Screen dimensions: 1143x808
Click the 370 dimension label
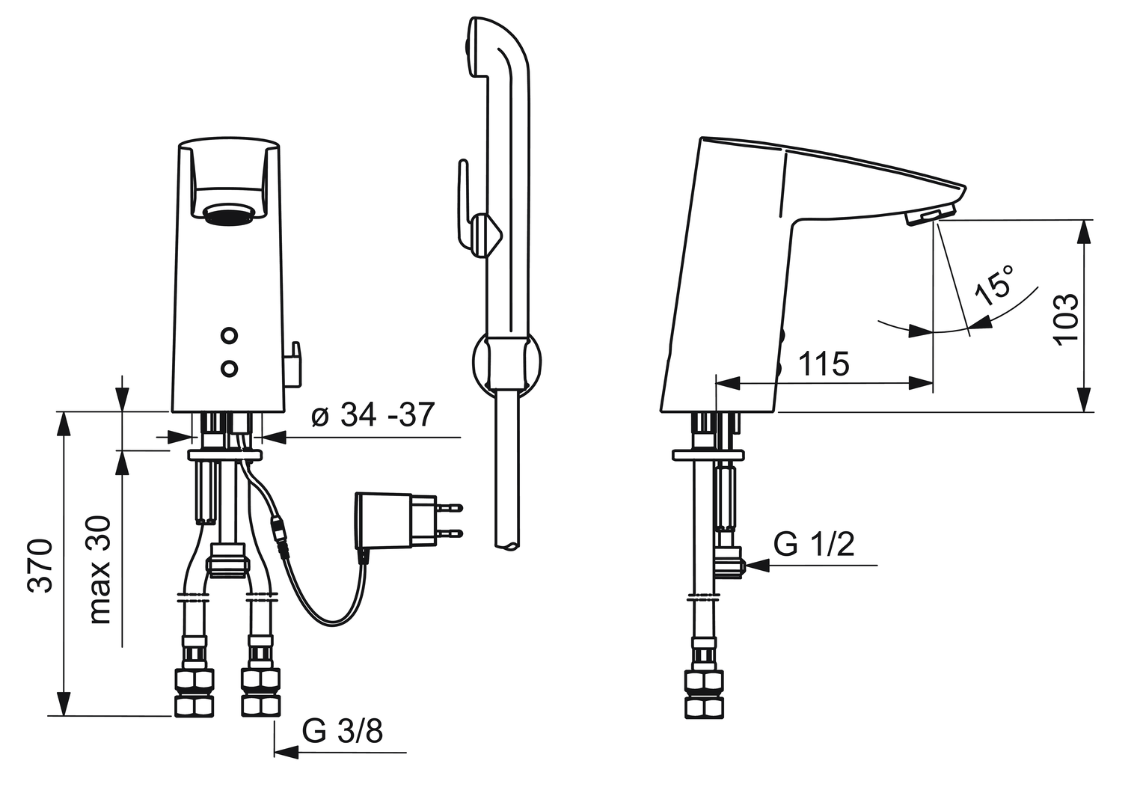tap(40, 565)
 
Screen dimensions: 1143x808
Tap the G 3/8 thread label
tap(342, 732)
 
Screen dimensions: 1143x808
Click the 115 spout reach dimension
tap(824, 364)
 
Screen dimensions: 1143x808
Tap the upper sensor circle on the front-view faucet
tap(229, 335)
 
